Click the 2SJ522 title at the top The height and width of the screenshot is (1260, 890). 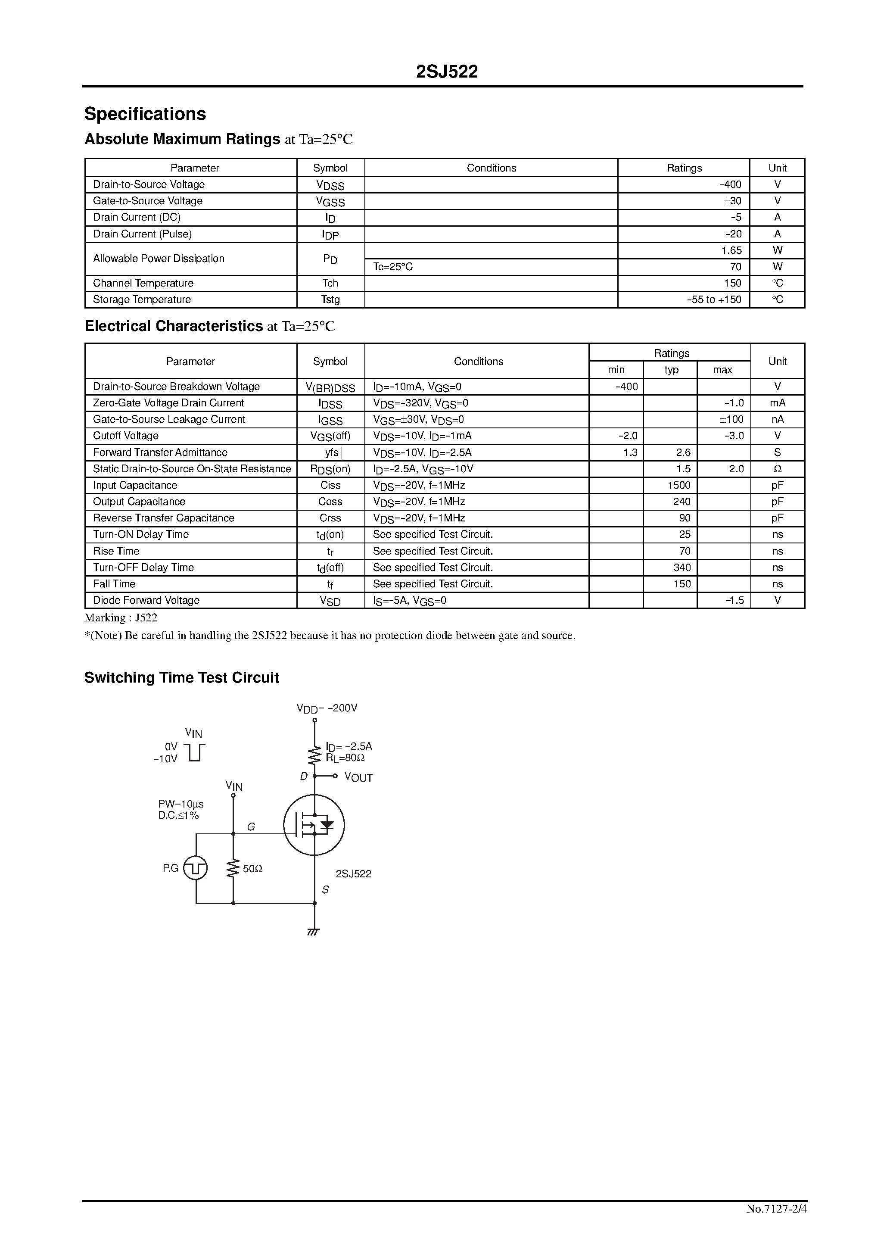tap(447, 72)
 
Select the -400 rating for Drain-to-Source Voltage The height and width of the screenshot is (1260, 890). tap(730, 185)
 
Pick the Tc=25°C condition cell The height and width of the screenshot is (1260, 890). tap(393, 267)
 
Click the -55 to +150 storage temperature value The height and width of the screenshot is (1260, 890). tap(714, 299)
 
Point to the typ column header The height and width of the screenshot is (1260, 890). tap(671, 370)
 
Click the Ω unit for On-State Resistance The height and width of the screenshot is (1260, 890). tap(777, 469)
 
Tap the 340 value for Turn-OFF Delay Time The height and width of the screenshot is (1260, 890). tap(682, 568)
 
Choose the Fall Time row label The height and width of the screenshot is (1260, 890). tap(114, 584)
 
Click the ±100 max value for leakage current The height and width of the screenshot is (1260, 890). tap(732, 420)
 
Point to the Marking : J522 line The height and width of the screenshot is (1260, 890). tap(121, 618)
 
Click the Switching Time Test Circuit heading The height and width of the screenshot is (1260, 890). tap(182, 678)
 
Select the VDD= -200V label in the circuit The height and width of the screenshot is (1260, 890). tap(327, 708)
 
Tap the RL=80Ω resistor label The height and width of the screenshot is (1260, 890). tap(345, 758)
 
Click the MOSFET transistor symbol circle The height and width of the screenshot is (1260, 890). tap(314, 825)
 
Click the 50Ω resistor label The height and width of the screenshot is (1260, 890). tap(252, 869)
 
